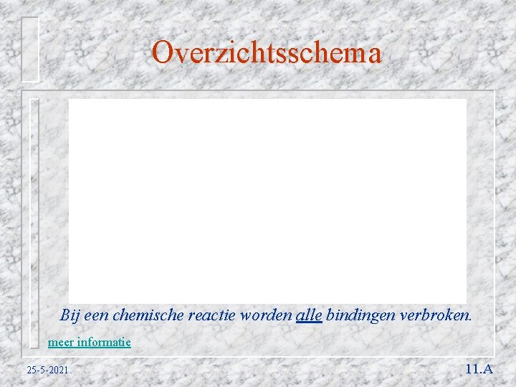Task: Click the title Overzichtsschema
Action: [267, 53]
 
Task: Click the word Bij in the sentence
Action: [69, 315]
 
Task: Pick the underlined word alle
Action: [309, 315]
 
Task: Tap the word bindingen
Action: [358, 315]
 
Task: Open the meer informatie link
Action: [89, 342]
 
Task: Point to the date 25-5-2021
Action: [47, 371]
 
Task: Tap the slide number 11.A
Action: [479, 369]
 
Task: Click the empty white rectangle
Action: [267, 201]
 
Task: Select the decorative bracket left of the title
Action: [29, 49]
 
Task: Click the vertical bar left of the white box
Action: [34, 222]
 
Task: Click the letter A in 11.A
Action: [487, 369]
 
